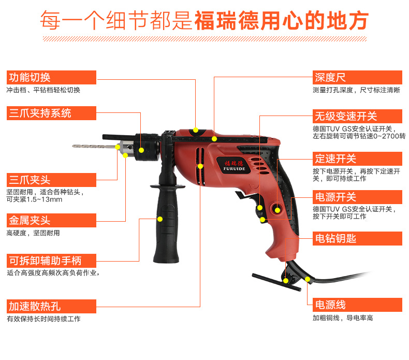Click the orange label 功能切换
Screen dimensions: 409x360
(51, 77)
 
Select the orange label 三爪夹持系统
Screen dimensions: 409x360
(51, 113)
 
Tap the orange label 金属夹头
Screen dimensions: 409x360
(51, 220)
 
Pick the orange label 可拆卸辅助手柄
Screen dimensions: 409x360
(51, 261)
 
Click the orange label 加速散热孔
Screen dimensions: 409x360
(51, 306)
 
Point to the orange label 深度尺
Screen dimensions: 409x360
(357, 77)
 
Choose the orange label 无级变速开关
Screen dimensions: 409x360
(357, 116)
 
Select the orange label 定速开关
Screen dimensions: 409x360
(357, 159)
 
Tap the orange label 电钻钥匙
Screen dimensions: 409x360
(357, 238)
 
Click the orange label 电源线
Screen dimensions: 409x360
(357, 305)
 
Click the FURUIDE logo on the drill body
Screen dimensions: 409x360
(234, 166)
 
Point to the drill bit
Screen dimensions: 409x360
(94, 146)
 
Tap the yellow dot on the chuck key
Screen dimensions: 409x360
(286, 281)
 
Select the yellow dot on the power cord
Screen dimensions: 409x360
(308, 279)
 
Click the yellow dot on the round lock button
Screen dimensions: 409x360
(277, 210)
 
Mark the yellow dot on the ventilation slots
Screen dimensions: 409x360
(200, 166)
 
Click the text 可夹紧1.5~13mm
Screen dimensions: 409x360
(35, 199)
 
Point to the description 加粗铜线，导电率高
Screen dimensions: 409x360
(343, 318)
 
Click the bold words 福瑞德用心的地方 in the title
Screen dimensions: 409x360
(281, 20)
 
